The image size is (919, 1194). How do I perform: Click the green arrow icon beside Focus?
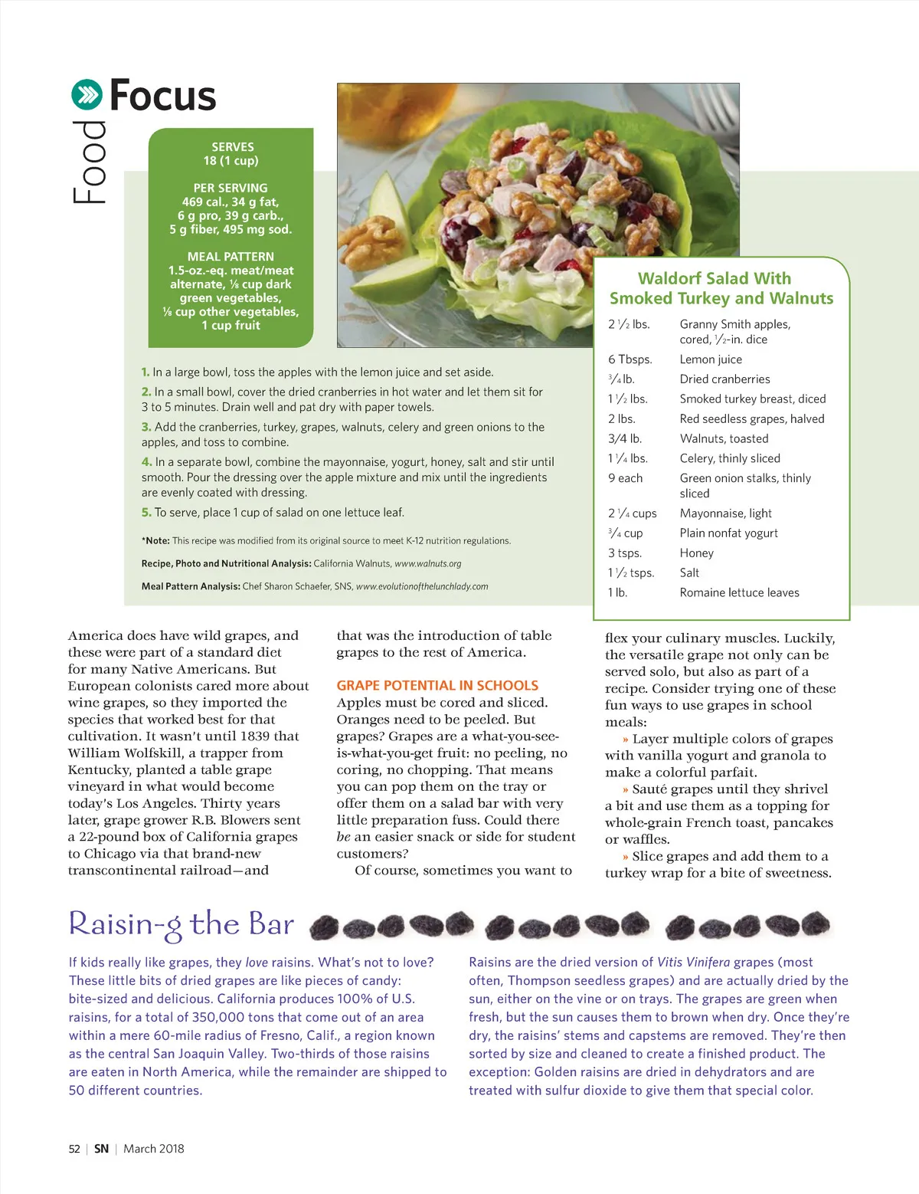[x=87, y=95]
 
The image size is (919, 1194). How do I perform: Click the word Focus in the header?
[x=163, y=96]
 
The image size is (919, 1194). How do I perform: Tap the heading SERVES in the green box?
[x=233, y=146]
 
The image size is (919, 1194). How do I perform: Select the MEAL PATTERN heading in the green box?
[x=231, y=257]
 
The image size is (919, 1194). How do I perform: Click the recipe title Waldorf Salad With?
[x=715, y=278]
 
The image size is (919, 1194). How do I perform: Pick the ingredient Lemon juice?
[x=711, y=359]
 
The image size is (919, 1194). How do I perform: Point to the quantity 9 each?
[x=626, y=478]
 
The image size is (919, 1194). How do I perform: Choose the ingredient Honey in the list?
[x=696, y=553]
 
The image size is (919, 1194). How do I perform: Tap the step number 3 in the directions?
[x=146, y=427]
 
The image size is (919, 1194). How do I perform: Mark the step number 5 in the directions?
[x=146, y=512]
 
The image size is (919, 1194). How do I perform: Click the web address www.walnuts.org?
[x=427, y=563]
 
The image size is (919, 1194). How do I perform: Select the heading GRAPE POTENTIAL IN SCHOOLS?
[x=437, y=685]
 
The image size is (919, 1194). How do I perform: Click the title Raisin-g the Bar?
[x=182, y=924]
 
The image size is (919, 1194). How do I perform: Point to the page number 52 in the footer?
[x=74, y=1149]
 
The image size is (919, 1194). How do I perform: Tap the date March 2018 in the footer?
[x=154, y=1149]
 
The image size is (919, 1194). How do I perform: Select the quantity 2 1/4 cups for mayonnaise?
[x=632, y=513]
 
